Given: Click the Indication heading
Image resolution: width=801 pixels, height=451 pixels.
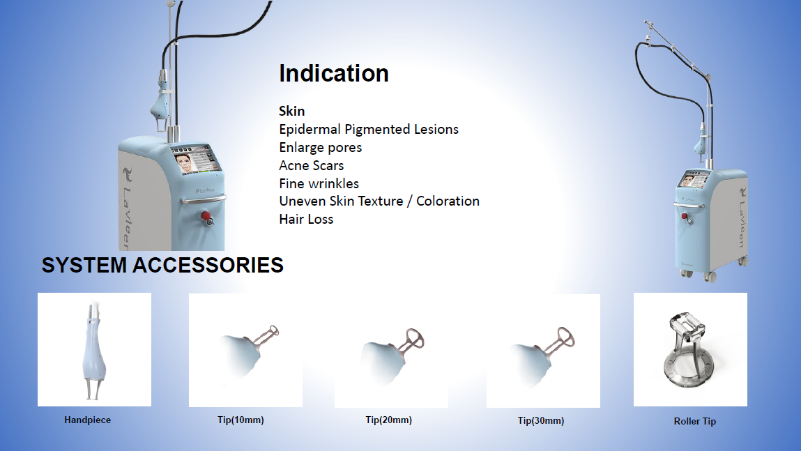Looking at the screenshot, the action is point(334,73).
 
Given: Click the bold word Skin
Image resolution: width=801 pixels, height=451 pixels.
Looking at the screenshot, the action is point(291,111).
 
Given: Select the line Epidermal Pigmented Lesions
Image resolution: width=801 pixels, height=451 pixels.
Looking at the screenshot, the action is point(369,129).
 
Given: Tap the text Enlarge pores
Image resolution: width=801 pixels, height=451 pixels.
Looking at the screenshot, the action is point(320,148).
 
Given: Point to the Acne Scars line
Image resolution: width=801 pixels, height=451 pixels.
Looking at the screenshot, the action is point(311,165).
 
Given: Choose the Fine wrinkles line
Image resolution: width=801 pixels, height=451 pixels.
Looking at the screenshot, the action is point(319,183).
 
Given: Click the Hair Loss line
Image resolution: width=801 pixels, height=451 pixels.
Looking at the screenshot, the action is point(306,219).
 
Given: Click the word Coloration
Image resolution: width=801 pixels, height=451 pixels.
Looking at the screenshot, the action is point(448,201).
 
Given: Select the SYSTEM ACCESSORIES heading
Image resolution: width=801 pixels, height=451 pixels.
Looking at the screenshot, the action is point(162,265).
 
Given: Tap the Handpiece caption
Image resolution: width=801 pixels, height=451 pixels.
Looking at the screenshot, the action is point(87,420).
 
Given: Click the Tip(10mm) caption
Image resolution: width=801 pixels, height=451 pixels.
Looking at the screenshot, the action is point(241,420).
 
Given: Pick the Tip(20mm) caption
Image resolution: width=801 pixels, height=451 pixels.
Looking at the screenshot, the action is point(389,420).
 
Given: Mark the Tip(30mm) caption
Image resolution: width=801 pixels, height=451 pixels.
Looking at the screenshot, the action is point(541,421).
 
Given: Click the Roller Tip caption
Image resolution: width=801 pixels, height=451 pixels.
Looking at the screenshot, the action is point(695,422).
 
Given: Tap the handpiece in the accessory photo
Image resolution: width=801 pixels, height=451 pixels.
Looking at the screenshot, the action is point(94,350).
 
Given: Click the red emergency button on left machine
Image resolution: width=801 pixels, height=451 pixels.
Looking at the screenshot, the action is point(206,217).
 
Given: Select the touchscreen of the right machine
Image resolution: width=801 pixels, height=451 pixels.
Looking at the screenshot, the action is point(693,178).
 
